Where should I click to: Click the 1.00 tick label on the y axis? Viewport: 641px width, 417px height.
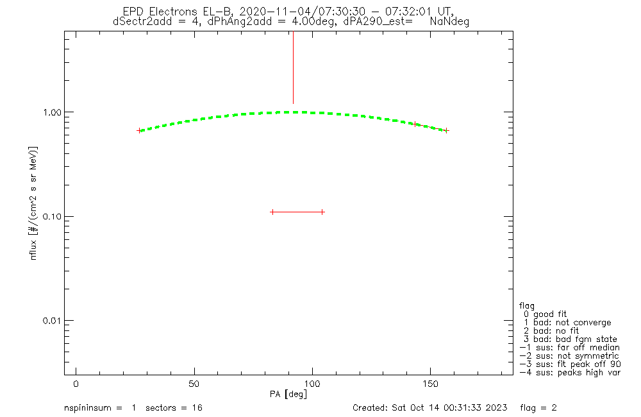pos(51,112)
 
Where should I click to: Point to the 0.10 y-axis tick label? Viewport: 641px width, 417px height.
pos(51,216)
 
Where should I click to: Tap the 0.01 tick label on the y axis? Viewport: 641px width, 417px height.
pos(51,321)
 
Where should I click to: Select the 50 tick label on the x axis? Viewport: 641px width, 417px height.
pos(194,384)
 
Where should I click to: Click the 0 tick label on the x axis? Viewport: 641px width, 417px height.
pos(76,384)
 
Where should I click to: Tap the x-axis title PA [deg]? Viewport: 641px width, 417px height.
pos(288,393)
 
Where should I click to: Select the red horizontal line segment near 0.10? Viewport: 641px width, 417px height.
pos(297,212)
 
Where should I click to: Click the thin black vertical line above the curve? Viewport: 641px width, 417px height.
pos(293,67)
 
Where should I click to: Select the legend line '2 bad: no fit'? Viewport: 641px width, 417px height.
pos(551,330)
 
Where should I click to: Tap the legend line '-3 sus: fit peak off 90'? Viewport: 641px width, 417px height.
pos(569,364)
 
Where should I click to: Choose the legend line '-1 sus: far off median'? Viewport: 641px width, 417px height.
pos(569,347)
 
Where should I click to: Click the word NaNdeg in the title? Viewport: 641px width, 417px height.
pos(450,21)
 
